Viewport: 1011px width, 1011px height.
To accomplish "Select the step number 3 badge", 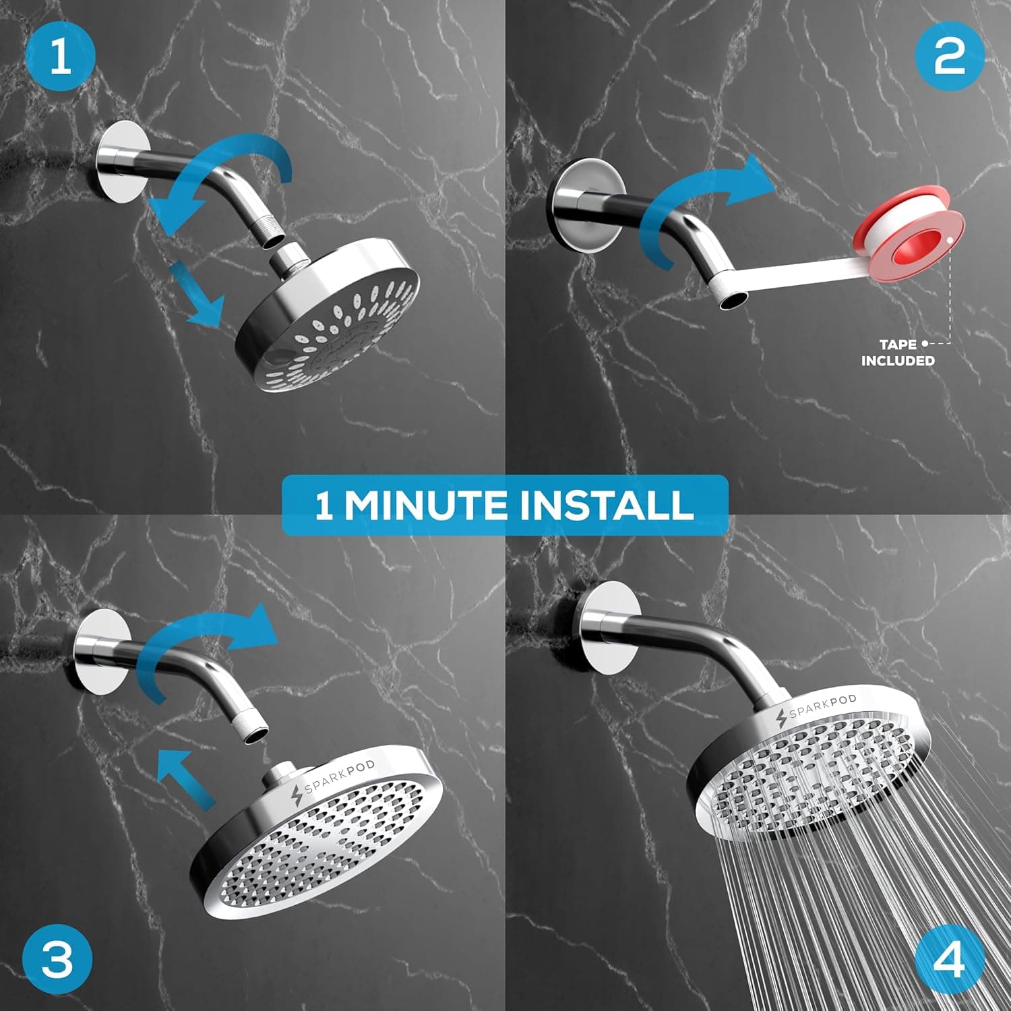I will coord(57,957).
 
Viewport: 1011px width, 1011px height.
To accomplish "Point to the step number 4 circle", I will coord(949,957).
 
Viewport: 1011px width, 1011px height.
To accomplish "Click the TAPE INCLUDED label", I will coord(898,353).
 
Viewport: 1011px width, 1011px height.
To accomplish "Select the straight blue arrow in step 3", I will coord(185,775).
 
